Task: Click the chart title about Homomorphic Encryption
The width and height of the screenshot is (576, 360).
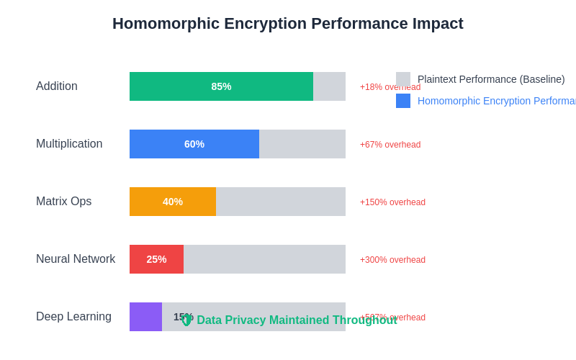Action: tap(288, 24)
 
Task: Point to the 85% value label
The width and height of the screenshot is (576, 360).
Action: tap(221, 86)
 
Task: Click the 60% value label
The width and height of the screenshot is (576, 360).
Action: tap(194, 144)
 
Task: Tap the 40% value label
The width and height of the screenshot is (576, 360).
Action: tap(173, 202)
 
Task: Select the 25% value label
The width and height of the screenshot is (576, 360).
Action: tap(156, 259)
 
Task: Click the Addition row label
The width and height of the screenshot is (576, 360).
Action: tap(57, 86)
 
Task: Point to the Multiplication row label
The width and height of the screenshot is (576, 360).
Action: tap(69, 144)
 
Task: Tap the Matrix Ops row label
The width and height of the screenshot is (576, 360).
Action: tap(63, 202)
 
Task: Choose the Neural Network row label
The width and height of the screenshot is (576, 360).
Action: tap(76, 259)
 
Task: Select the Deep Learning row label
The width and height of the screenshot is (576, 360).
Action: tap(73, 317)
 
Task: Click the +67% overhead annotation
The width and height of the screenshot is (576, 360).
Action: tap(390, 145)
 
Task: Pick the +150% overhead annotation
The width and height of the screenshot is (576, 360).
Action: tap(392, 202)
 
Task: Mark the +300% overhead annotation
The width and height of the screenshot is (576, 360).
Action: tap(392, 260)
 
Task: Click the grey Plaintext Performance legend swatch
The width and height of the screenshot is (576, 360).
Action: tap(403, 79)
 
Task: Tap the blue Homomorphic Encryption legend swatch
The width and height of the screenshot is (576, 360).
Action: tap(403, 101)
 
